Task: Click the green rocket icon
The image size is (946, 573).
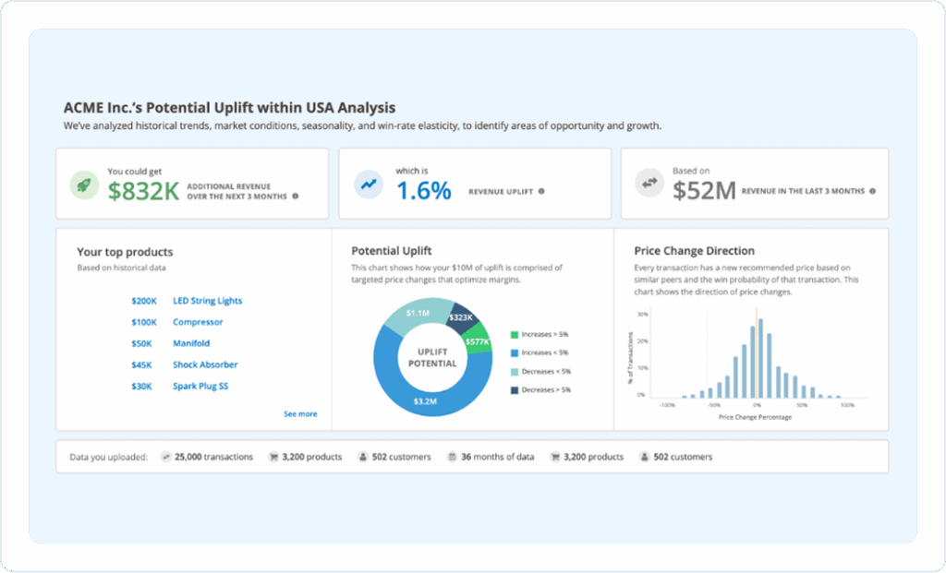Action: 85,185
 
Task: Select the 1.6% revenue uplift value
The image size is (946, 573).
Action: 423,191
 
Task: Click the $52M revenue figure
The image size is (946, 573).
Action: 704,191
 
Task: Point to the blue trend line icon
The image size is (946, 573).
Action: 369,185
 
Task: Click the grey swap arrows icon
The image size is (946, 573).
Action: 649,185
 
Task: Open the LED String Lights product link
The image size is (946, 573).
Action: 207,301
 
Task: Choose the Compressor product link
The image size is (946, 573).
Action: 198,322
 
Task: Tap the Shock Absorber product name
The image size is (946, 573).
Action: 205,364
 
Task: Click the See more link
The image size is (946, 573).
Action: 300,414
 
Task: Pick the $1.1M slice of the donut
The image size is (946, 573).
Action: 418,314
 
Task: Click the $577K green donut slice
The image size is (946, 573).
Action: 477,341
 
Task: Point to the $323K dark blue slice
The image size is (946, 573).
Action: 460,317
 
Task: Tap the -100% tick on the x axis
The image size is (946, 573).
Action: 665,404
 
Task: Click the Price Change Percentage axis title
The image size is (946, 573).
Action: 755,417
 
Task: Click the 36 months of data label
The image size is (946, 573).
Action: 497,457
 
